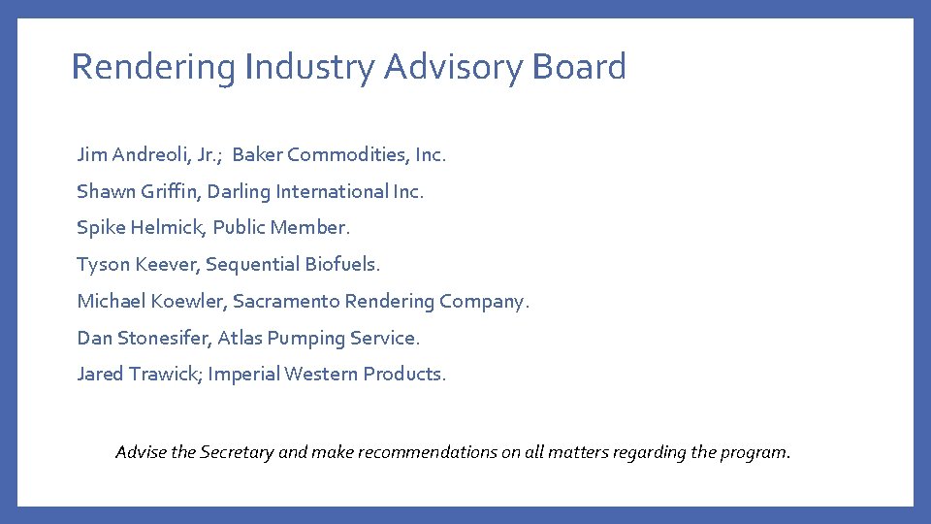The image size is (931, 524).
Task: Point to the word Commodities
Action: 346,154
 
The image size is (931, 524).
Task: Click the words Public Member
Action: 280,228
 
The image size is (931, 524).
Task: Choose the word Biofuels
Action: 343,264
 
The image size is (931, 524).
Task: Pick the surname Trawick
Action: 164,374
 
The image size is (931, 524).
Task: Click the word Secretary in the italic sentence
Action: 238,451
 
